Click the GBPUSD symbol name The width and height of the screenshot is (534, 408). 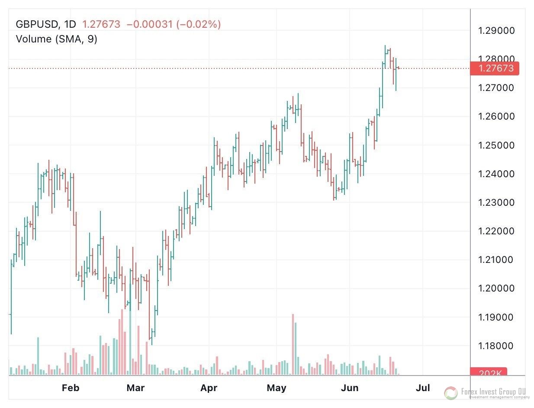click(36, 24)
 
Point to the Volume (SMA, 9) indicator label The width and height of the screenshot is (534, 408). click(56, 39)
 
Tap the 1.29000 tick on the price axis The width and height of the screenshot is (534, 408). click(496, 31)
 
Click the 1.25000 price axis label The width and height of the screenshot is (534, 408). click(496, 145)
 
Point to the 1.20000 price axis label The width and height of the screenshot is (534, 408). click(496, 288)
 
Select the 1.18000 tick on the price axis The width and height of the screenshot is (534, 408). click(496, 346)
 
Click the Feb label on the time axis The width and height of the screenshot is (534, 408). click(71, 388)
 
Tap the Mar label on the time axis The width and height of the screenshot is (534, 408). click(135, 388)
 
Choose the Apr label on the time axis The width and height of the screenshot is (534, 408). click(208, 388)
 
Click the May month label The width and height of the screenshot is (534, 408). click(276, 388)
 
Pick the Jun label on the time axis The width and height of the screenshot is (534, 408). click(350, 388)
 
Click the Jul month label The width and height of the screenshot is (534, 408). click(423, 388)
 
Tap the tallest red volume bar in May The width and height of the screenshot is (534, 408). click(293, 344)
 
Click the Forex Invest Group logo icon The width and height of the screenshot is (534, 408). click(451, 393)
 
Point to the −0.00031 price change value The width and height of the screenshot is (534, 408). click(150, 24)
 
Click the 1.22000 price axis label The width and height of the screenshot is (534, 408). click(496, 231)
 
